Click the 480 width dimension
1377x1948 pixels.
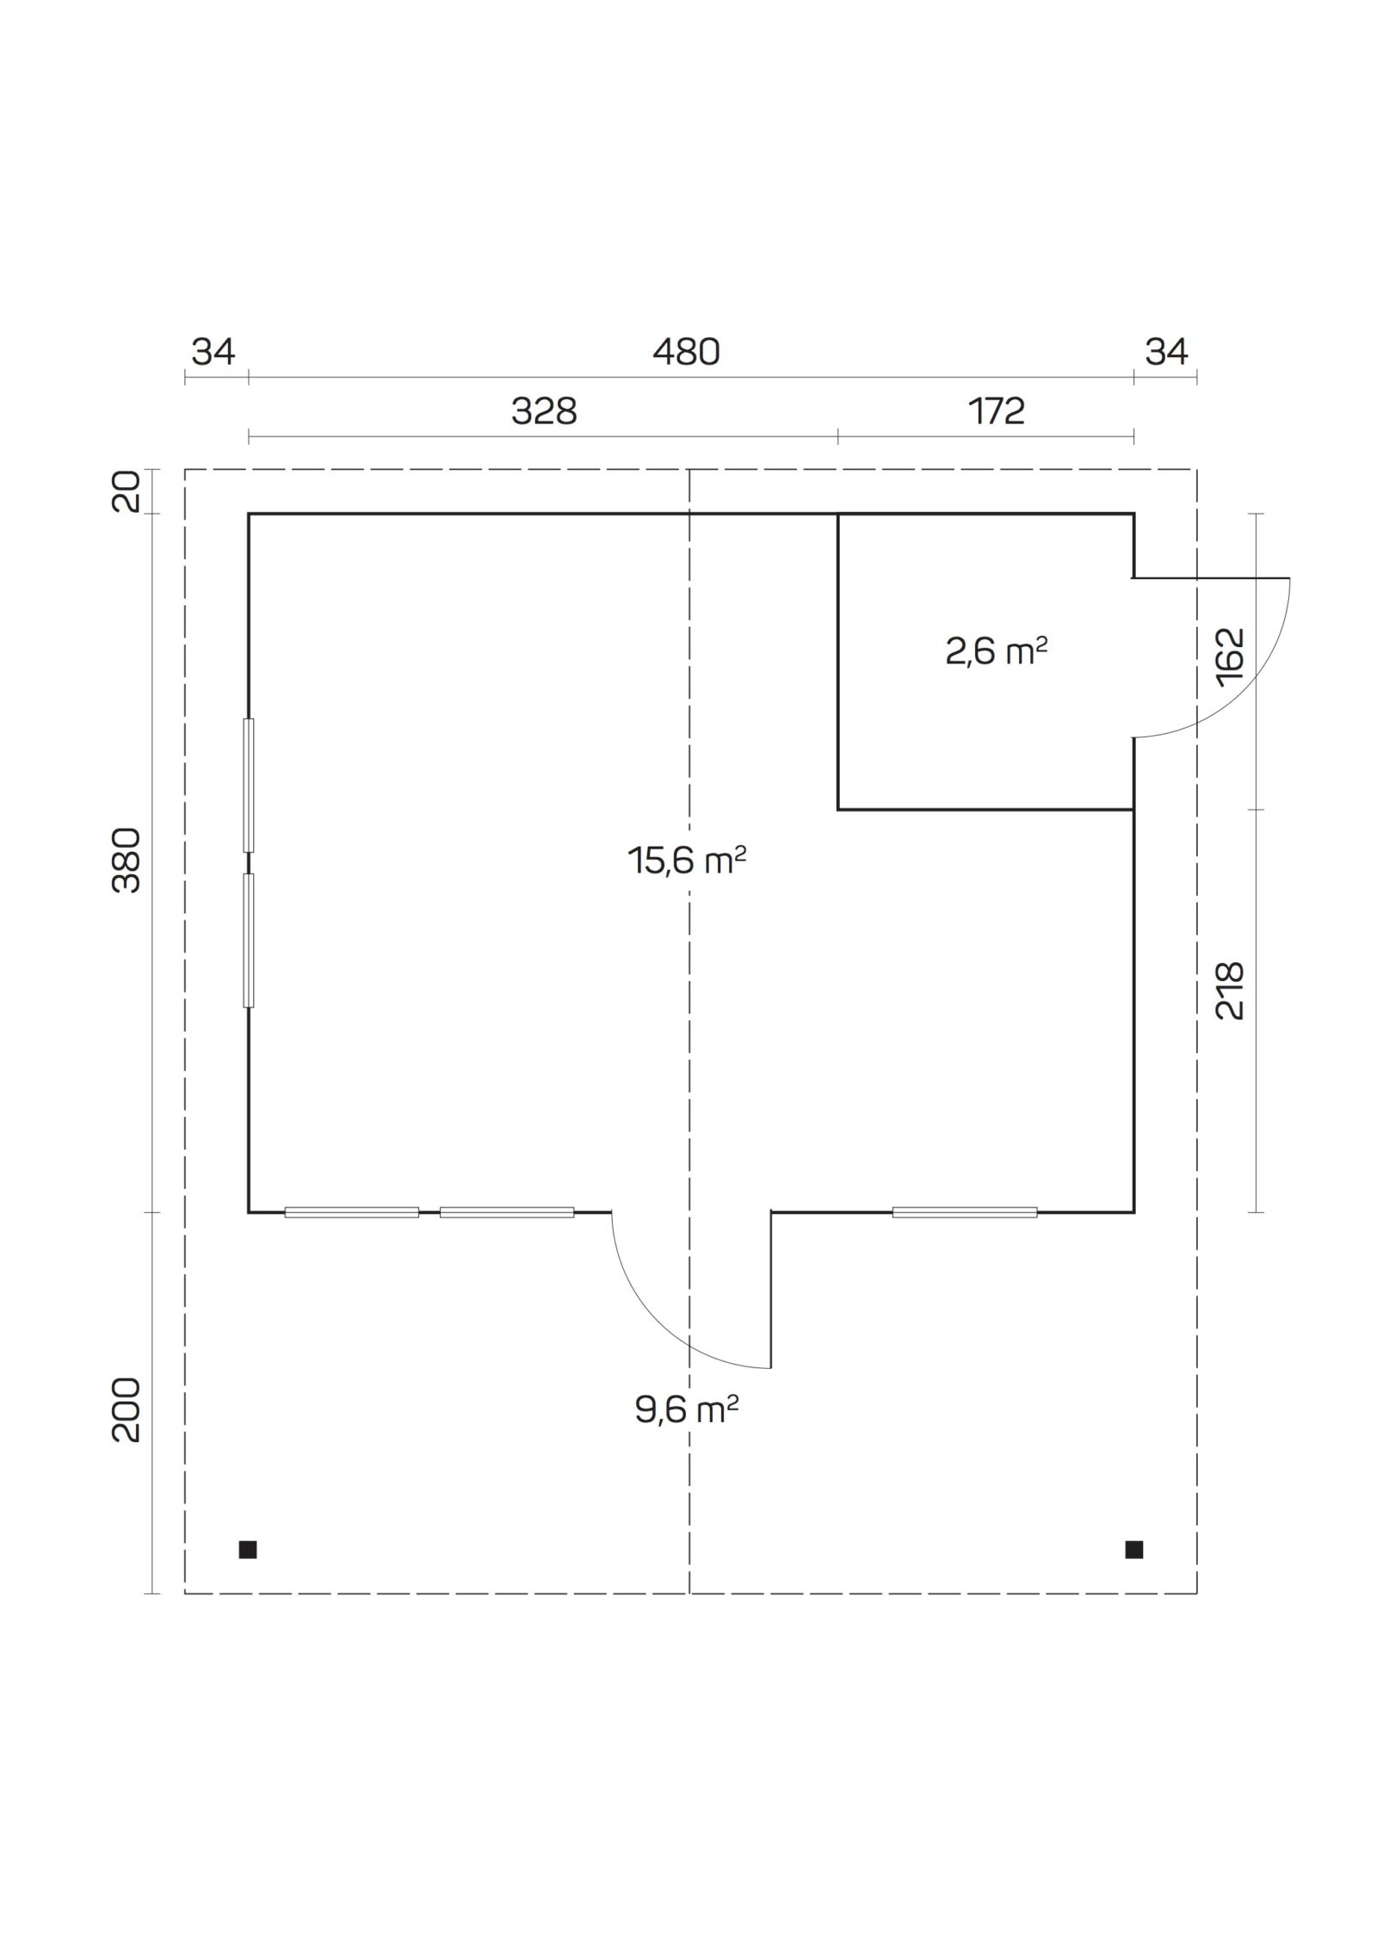686,352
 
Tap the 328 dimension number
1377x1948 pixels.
544,412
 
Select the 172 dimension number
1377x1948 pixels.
997,412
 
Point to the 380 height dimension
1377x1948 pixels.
127,860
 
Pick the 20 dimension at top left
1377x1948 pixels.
127,492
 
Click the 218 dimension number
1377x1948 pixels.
1230,991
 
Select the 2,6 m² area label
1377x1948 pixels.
996,652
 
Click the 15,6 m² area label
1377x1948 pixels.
686,860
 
